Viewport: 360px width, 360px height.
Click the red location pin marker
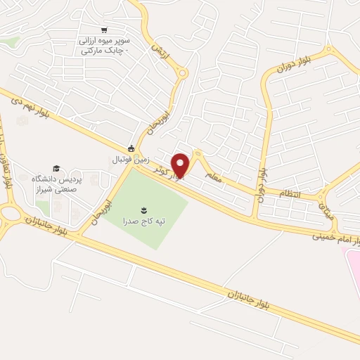coord(181,165)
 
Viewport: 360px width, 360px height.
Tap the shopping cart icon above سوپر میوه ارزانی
coord(104,30)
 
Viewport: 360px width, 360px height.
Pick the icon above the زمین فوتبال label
coord(131,148)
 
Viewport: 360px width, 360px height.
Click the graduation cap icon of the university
coord(56,168)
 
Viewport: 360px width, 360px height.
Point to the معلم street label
coord(212,173)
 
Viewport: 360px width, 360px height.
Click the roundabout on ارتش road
coord(183,72)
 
